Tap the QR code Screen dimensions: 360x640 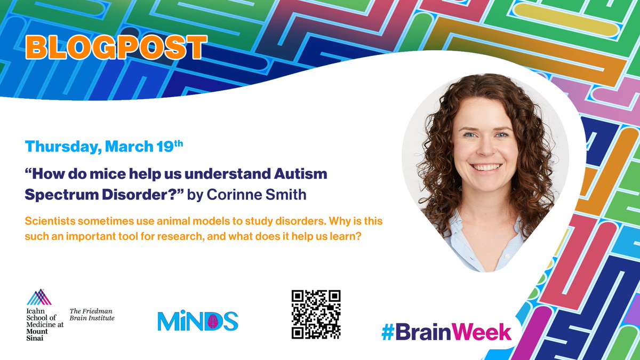316,315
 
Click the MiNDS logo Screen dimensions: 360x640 197,320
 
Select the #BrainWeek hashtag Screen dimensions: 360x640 446,331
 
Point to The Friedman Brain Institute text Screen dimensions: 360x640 92,314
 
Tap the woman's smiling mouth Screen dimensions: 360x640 485,167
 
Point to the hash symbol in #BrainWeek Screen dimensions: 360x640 388,332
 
